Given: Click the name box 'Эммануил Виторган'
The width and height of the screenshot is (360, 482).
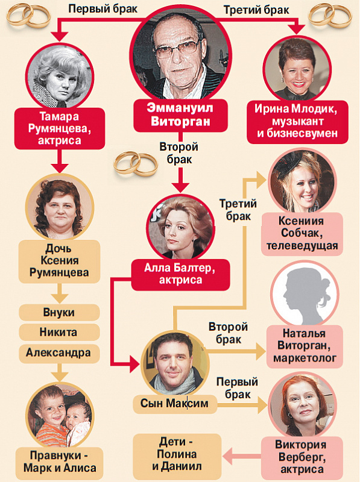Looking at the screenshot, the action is (x=180, y=115).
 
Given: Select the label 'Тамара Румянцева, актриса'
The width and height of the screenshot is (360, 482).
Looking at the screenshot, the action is (x=60, y=128).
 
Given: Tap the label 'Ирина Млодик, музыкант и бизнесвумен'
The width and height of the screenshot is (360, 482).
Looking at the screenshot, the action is (x=297, y=122).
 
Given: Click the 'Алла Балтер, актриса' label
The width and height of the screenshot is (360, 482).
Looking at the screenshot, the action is (x=181, y=275).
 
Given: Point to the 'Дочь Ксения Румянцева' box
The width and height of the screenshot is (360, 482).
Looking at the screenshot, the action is (x=59, y=261).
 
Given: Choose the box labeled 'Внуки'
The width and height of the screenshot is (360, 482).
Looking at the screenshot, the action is (x=59, y=313).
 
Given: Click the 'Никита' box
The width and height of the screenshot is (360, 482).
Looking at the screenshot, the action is (x=59, y=333).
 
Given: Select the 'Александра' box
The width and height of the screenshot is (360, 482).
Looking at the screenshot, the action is (x=59, y=352).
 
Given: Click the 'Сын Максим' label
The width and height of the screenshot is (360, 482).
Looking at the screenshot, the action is (x=175, y=404).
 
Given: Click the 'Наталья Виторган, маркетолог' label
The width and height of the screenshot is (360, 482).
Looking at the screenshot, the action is (x=305, y=346).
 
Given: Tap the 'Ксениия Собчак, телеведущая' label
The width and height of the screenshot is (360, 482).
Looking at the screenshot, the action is (x=302, y=234).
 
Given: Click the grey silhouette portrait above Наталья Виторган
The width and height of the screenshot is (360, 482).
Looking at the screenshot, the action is (x=305, y=296).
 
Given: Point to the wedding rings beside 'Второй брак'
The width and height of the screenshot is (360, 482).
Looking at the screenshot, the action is (x=136, y=163).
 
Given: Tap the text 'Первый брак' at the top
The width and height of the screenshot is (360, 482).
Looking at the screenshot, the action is (x=103, y=9).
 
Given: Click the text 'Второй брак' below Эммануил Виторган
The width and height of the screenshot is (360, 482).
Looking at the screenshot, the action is (x=179, y=153).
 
